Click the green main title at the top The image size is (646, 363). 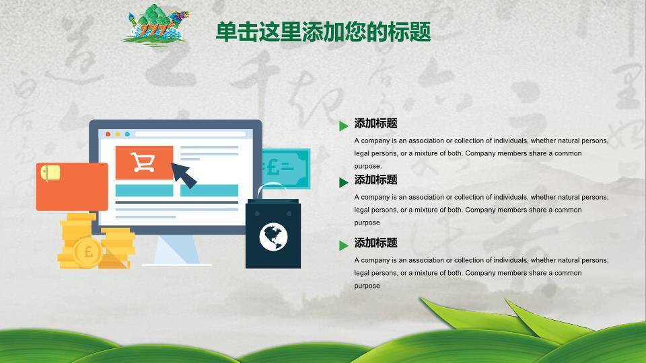(x=324, y=32)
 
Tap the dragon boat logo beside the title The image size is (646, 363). (x=155, y=25)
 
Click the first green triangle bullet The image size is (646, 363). (x=344, y=126)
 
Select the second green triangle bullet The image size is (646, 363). (x=344, y=182)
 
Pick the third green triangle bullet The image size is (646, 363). (x=344, y=246)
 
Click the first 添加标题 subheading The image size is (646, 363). (x=375, y=123)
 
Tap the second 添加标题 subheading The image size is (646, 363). (x=375, y=179)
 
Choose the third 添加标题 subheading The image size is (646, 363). (x=375, y=243)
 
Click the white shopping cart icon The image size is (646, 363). (x=143, y=162)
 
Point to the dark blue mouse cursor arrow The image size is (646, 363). (x=183, y=175)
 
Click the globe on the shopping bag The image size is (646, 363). (x=273, y=237)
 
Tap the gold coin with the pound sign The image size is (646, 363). (x=87, y=252)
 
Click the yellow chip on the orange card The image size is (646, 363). (x=50, y=173)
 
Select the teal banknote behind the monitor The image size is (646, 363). (x=286, y=168)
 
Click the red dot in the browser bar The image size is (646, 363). (x=108, y=134)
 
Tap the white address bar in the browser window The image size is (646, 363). (x=190, y=134)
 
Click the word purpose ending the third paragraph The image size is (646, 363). (x=367, y=286)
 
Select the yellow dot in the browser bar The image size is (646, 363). (x=118, y=134)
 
